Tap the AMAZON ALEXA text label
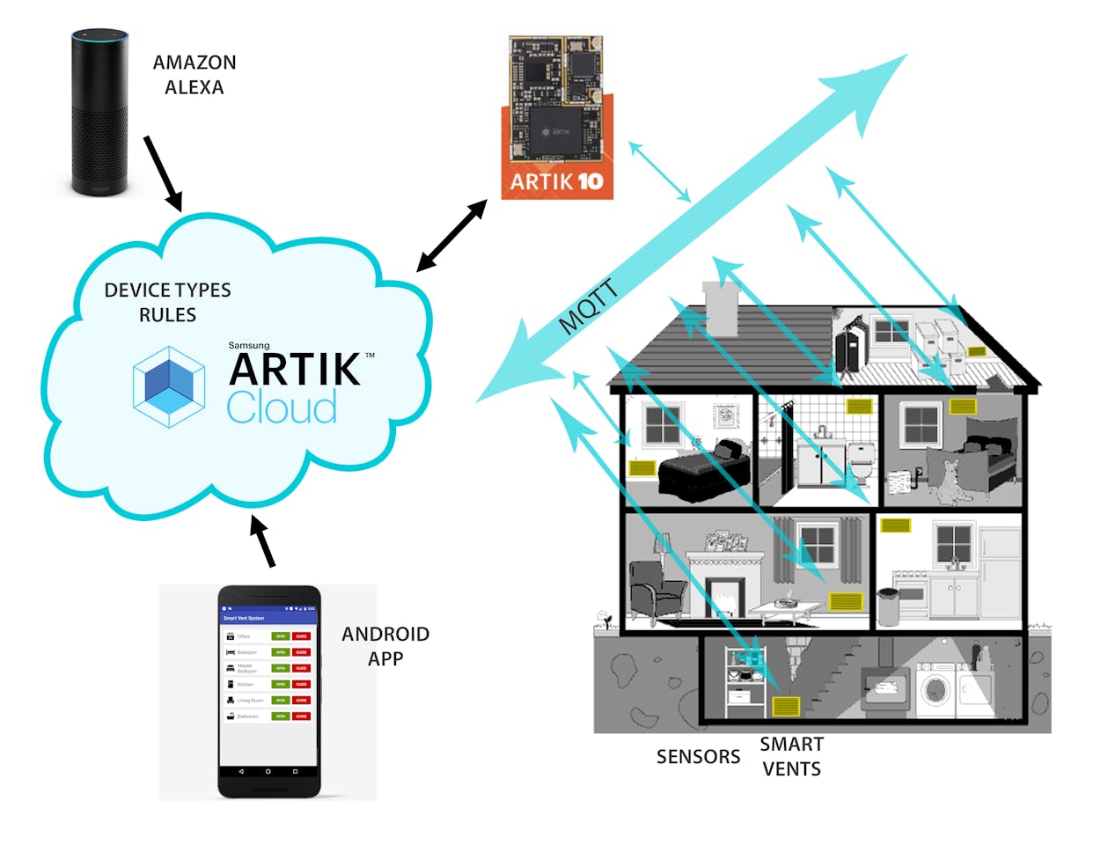click(x=194, y=75)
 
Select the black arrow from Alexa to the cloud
click(x=163, y=173)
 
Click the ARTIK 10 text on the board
click(x=556, y=181)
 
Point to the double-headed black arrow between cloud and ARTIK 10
click(x=452, y=235)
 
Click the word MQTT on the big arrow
click(x=589, y=307)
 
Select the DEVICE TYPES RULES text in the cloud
click(x=167, y=302)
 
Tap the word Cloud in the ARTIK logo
click(x=282, y=408)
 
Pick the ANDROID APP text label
click(x=385, y=646)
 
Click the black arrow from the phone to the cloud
click(x=262, y=541)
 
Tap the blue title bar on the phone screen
click(x=268, y=618)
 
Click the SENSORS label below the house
click(x=698, y=757)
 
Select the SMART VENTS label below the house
click(x=791, y=756)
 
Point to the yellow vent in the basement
click(x=786, y=706)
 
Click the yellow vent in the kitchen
click(x=895, y=525)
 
